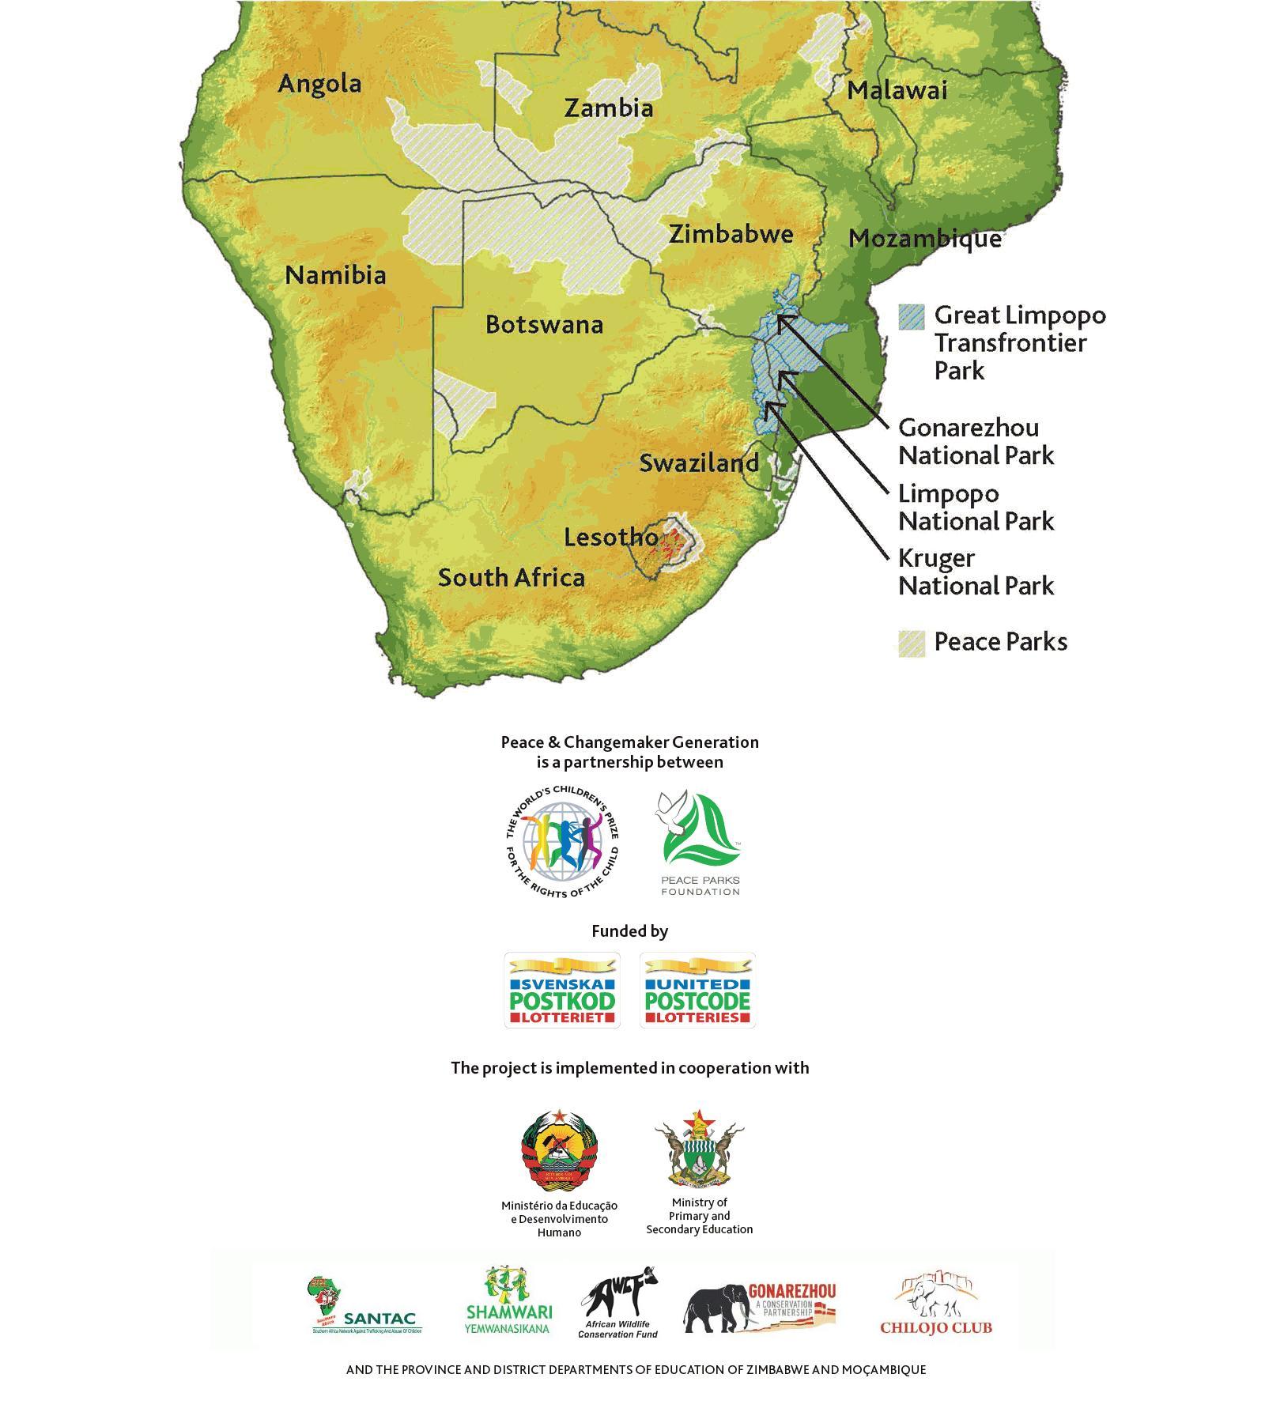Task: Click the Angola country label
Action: click(x=319, y=84)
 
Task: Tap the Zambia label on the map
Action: click(x=608, y=108)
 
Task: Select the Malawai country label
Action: click(x=897, y=91)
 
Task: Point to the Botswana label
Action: click(x=544, y=325)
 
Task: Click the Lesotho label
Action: click(x=610, y=538)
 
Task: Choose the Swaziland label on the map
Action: click(x=699, y=463)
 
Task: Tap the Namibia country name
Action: click(x=335, y=276)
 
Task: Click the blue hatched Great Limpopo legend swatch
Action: click(x=911, y=316)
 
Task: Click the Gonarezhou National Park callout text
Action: click(x=976, y=442)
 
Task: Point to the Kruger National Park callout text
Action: click(x=976, y=572)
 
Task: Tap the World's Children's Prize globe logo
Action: click(x=562, y=843)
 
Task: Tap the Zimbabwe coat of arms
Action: click(x=699, y=1149)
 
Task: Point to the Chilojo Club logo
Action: click(x=936, y=1305)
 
